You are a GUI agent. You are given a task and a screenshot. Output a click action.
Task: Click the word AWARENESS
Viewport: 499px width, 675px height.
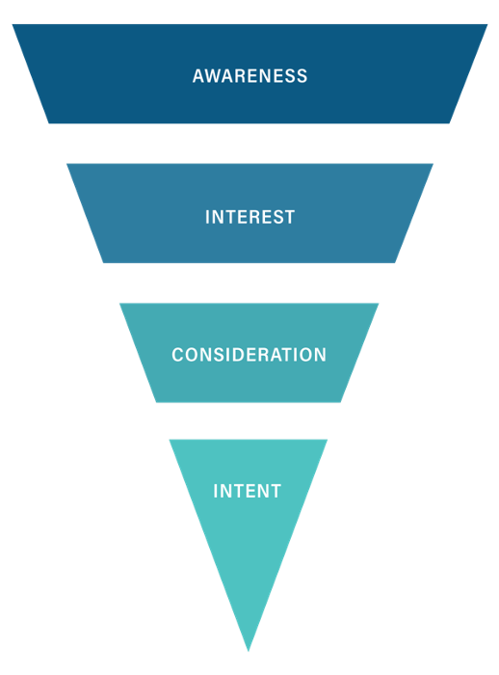[x=249, y=76]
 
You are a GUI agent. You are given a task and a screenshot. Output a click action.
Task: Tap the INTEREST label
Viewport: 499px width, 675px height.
[x=249, y=217]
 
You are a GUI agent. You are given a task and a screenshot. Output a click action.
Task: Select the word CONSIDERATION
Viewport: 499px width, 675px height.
[x=249, y=355]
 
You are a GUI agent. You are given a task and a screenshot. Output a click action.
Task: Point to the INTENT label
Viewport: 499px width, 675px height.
[x=248, y=491]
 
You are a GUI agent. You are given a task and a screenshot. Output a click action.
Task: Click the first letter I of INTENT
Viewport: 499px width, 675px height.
[x=216, y=491]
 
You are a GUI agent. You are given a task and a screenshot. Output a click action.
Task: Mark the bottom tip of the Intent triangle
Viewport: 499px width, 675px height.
[x=249, y=651]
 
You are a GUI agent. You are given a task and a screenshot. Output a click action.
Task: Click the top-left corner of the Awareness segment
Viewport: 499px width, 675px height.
[x=13, y=24]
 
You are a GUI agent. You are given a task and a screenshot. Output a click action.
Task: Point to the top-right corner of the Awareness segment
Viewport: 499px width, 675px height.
[x=487, y=24]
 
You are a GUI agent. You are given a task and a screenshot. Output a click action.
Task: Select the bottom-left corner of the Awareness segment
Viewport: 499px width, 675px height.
[x=48, y=123]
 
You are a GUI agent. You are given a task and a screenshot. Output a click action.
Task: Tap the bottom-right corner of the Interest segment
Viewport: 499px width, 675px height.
[x=395, y=262]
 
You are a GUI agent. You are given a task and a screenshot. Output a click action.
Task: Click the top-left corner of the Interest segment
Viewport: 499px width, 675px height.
[x=66, y=164]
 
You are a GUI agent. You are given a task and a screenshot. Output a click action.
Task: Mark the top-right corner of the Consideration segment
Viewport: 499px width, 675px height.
[x=379, y=304]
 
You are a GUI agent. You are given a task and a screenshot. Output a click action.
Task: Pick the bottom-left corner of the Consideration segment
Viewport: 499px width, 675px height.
[x=156, y=402]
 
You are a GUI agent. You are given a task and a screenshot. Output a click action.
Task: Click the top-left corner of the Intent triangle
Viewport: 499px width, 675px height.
[x=170, y=440]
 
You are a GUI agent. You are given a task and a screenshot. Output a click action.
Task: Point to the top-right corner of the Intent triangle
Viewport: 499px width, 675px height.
[x=328, y=440]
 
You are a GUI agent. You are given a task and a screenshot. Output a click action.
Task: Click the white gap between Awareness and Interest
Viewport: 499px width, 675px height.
[x=249, y=144]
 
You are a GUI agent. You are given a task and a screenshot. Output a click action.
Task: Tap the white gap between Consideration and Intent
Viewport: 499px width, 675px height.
[x=249, y=421]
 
